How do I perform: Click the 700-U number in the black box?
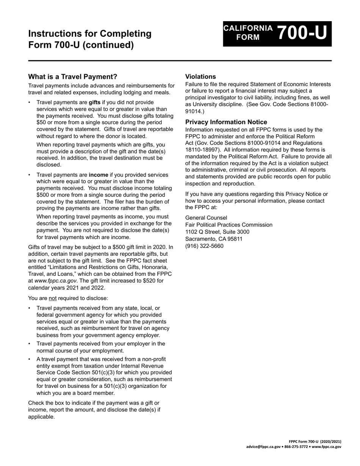pyautogui.click(x=302, y=33)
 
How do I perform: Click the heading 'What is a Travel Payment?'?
pyautogui.click(x=73, y=77)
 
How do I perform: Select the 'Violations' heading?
pyautogui.click(x=200, y=77)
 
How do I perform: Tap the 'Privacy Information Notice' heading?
pyautogui.click(x=226, y=122)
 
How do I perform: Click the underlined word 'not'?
pyautogui.click(x=53, y=298)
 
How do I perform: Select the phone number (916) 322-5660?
pyautogui.click(x=204, y=246)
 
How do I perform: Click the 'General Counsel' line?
pyautogui.click(x=206, y=218)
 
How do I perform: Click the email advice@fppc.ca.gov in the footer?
pyautogui.click(x=263, y=447)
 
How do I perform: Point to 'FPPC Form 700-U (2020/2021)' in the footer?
pyautogui.click(x=315, y=441)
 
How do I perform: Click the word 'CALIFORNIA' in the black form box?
pyautogui.click(x=248, y=28)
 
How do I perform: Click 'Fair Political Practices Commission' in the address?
pyautogui.click(x=229, y=225)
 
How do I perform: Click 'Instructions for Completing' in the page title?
pyautogui.click(x=90, y=34)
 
